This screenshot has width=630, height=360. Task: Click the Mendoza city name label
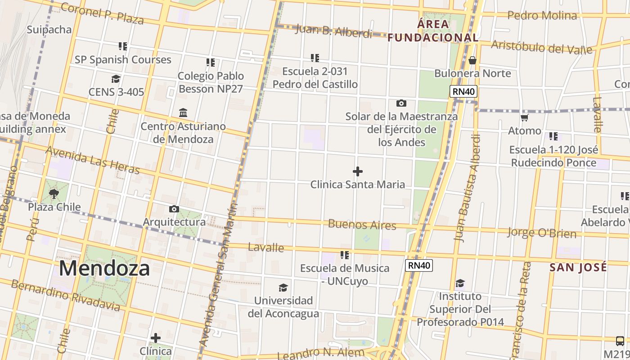coord(104,268)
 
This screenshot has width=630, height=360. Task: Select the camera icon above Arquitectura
coord(174,209)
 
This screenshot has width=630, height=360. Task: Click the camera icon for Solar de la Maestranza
coord(401,103)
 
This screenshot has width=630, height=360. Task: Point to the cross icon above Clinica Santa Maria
coord(358,171)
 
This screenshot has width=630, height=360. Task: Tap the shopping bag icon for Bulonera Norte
coord(472,60)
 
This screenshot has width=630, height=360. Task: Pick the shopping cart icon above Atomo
coord(524,118)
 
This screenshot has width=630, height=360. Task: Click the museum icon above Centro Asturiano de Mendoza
coord(183,112)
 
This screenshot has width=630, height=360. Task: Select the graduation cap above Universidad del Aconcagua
coord(283,288)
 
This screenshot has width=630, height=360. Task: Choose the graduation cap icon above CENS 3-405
coord(116,79)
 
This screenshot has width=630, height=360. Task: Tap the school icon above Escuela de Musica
coord(345,255)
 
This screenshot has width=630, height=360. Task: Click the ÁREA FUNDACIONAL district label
coord(433,31)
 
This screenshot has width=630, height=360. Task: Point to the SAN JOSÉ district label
coord(578,267)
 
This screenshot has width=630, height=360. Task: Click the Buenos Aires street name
coord(362,224)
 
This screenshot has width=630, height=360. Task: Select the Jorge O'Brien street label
coord(542,233)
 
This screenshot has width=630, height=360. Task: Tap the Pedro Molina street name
coord(542,16)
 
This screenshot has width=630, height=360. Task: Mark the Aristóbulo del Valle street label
coord(542,46)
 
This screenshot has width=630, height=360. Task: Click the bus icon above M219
coord(620,341)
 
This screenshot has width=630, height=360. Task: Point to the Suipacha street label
coord(49,30)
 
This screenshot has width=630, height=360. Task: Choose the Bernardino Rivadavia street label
coord(65,295)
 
